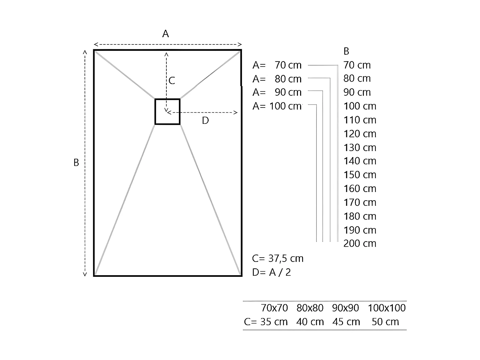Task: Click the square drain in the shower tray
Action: tap(167, 111)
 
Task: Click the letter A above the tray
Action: tap(165, 34)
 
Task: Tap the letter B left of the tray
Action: tap(76, 163)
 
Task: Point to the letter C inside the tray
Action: tap(172, 81)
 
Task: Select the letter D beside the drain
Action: tap(205, 121)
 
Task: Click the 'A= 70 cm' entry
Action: tap(277, 65)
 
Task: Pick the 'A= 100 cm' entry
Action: tap(277, 106)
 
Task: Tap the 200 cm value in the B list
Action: tap(360, 244)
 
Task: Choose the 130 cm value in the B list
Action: tap(360, 148)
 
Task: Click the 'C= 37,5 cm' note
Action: tap(277, 259)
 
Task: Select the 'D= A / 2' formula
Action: tap(271, 272)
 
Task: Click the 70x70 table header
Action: tap(274, 308)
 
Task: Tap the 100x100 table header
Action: tap(387, 308)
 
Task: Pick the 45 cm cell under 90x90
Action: tap(346, 322)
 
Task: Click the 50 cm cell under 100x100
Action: tap(385, 322)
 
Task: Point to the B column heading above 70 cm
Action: tap(346, 51)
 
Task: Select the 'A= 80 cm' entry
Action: tap(277, 79)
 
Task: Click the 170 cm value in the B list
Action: tap(360, 202)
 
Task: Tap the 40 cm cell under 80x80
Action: tap(310, 322)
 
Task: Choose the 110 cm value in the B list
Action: tap(360, 120)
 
